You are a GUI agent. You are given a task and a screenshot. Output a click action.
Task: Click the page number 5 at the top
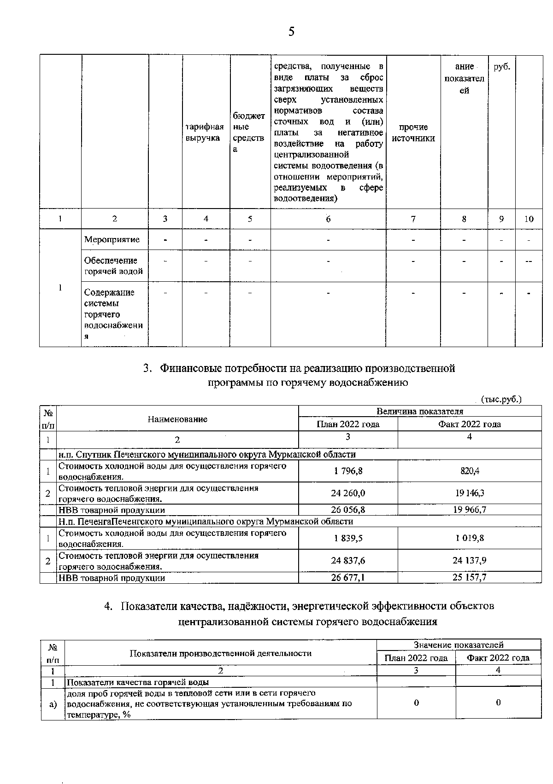(291, 32)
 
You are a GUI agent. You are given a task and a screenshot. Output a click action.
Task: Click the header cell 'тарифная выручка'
(205, 132)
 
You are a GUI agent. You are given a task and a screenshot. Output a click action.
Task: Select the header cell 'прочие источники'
(413, 133)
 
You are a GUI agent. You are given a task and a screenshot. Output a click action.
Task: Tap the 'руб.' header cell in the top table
(502, 67)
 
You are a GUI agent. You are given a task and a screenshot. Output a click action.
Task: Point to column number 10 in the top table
(529, 219)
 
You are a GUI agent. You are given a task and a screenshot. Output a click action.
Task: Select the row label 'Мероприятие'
(112, 239)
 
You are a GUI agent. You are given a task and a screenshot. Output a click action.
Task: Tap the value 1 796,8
(348, 471)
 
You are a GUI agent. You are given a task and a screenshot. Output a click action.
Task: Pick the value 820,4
(469, 471)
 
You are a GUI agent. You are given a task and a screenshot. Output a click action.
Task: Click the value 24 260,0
(348, 493)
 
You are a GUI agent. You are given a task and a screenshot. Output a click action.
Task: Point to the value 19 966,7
(469, 510)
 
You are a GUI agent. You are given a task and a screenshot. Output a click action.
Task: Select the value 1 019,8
(469, 538)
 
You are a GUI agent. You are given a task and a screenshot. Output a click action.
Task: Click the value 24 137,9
(469, 560)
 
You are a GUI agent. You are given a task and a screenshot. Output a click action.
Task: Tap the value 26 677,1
(348, 577)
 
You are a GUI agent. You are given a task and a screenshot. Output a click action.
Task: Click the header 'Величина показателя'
(420, 411)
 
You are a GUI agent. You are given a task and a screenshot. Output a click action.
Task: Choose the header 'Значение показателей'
(459, 645)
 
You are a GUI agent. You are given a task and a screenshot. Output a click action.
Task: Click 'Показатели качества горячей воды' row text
(138, 682)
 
